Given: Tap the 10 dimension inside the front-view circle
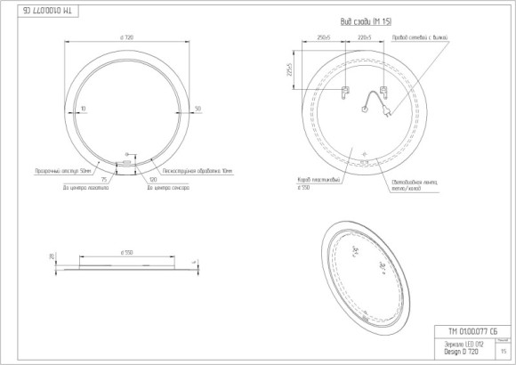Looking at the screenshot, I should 83,109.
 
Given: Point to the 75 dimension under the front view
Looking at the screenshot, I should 104,179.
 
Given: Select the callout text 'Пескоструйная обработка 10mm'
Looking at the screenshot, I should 190,169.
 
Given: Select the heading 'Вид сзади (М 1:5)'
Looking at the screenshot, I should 366,20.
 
